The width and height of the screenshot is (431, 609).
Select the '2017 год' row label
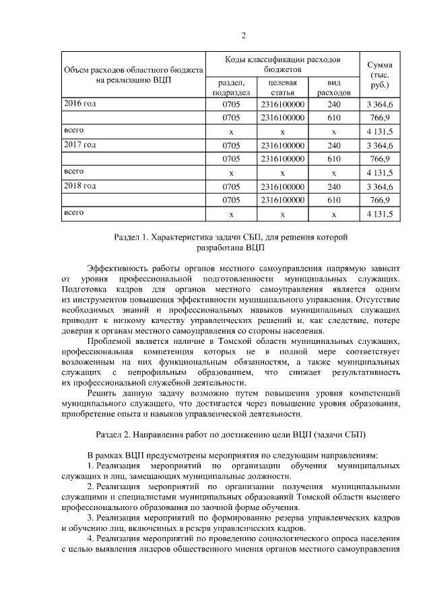point(79,145)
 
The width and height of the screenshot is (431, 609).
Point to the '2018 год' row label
point(79,186)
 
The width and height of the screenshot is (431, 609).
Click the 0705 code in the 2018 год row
point(231,186)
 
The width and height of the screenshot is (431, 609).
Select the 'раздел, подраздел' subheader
point(231,87)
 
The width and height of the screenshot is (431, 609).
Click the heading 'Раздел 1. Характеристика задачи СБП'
point(231,237)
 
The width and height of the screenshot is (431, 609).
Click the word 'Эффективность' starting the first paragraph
point(120,267)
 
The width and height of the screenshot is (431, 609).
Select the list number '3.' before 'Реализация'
point(92,517)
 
